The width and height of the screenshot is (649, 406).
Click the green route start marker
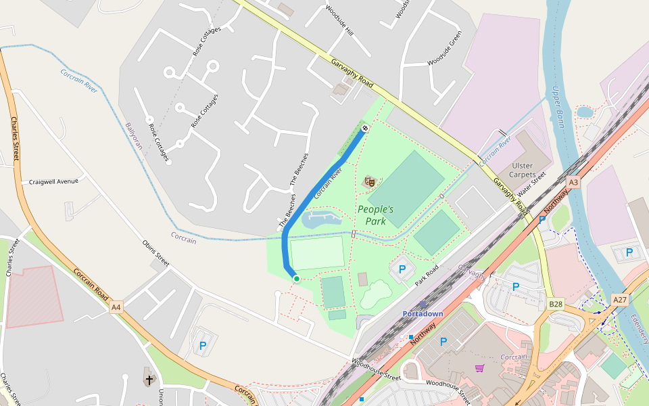[296, 278]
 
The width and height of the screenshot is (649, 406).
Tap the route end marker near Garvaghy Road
[365, 127]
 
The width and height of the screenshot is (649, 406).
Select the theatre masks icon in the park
[369, 181]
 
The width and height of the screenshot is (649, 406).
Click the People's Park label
[375, 215]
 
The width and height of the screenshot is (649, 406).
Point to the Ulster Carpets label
[523, 170]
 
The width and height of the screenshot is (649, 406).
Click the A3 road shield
[574, 183]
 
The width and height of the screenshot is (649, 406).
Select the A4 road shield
[116, 307]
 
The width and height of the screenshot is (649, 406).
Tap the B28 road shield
[556, 304]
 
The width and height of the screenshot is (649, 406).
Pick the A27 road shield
[619, 298]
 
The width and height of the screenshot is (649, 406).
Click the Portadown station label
[423, 314]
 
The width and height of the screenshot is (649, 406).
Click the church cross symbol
[149, 380]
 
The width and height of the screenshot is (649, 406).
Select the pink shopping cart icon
[480, 368]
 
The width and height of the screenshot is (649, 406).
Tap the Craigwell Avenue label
[53, 181]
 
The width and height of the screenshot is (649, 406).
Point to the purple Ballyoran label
[135, 139]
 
